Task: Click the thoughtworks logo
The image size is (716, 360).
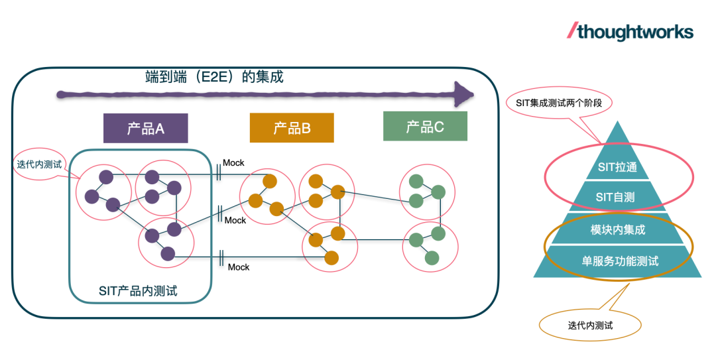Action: [x=630, y=32]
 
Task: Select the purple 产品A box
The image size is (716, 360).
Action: [x=146, y=129]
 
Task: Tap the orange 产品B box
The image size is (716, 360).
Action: [x=292, y=128]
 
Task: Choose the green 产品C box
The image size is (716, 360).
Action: [x=425, y=126]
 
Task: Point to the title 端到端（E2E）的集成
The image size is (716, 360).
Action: [x=214, y=77]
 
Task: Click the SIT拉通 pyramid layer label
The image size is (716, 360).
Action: [x=617, y=167]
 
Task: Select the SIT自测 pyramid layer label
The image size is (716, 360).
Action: [x=615, y=198]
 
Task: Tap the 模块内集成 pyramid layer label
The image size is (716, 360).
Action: [x=618, y=230]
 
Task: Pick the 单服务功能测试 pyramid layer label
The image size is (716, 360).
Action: [x=620, y=261]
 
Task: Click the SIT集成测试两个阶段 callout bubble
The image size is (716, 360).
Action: [x=559, y=103]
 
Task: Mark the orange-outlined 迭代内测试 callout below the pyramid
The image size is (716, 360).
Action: [x=591, y=326]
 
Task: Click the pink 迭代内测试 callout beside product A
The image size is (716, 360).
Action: [x=39, y=164]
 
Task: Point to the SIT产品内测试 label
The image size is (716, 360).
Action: [x=138, y=291]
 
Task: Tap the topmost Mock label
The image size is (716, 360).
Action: [x=233, y=162]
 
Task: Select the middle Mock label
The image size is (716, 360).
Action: [x=235, y=220]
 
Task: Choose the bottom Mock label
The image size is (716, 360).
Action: [x=239, y=267]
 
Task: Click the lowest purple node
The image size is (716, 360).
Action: [x=168, y=253]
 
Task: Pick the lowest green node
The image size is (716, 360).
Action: [x=432, y=258]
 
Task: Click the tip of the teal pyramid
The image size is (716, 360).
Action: [x=617, y=121]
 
